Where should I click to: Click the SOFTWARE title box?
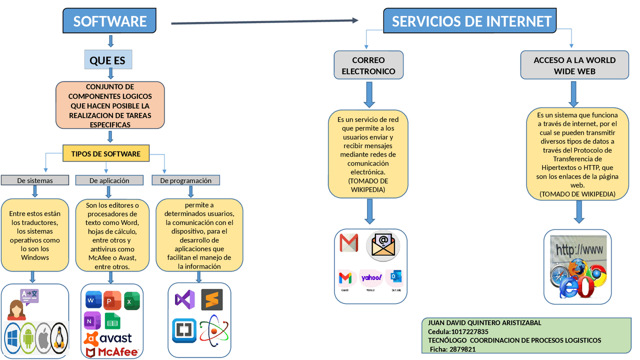pos(109,21)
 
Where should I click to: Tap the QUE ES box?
pos(107,60)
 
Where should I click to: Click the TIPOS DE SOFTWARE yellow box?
pos(106,153)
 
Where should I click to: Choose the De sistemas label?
pos(34,180)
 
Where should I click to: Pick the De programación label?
pos(185,180)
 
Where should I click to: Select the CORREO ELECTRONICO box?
pos(368,65)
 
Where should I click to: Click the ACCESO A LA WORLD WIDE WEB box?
pos(574,65)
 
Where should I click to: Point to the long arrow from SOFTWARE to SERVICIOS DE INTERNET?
pos(265,21)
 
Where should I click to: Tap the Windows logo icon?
pos(12,339)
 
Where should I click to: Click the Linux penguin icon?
pos(59,338)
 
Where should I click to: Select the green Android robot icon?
pos(28,339)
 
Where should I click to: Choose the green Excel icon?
pos(131,300)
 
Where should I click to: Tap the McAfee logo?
pos(111,351)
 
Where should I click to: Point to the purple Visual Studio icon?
pos(184,300)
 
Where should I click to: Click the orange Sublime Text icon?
pos(212,299)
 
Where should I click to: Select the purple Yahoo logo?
pos(371,277)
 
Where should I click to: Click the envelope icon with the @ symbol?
pos(383,244)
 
